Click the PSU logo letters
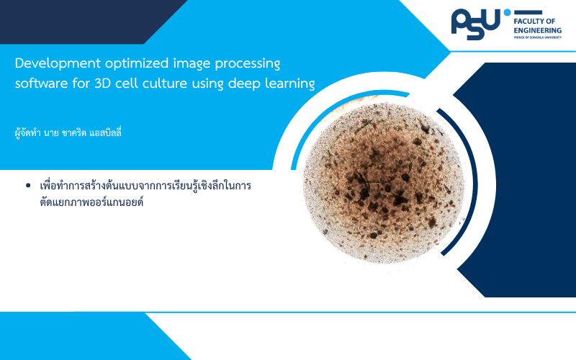coord(476,24)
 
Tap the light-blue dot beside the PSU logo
coord(508,12)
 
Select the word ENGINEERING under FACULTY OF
coord(537,30)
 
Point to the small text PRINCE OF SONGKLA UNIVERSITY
coord(537,37)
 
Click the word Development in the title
coord(58,63)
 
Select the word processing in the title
coord(248,63)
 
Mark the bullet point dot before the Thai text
coord(28,186)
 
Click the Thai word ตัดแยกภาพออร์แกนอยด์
coord(91,202)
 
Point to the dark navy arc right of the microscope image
coord(472,181)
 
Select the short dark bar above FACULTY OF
coord(528,12)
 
